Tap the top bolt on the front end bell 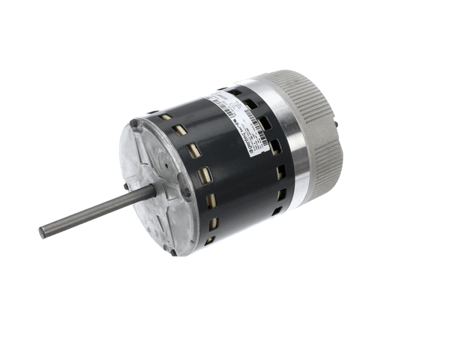pyautogui.click(x=133, y=124)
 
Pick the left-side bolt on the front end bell pyautogui.click(x=126, y=186)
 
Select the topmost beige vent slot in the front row pyautogui.click(x=162, y=118)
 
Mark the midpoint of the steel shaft pyautogui.click(x=97, y=211)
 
